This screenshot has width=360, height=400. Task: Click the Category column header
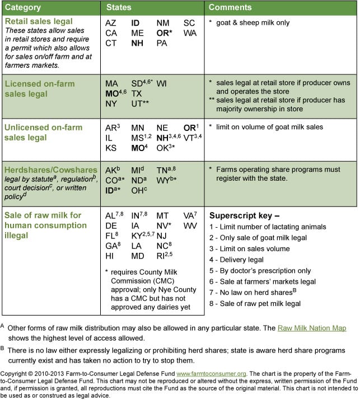point(24,7)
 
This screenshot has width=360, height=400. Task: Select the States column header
point(119,7)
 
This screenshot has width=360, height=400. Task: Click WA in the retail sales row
point(190,33)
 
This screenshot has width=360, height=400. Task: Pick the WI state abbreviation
point(162,83)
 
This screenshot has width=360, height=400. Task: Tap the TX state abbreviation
point(137,94)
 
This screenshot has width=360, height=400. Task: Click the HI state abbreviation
point(110,256)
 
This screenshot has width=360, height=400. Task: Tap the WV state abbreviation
point(190,225)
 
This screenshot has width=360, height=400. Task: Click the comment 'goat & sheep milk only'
point(252,23)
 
